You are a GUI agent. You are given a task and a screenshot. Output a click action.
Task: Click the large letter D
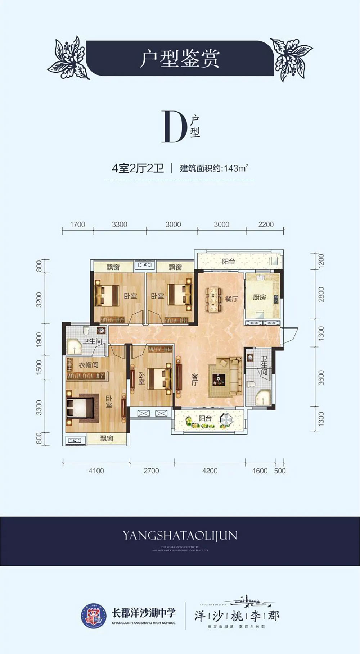pyautogui.click(x=174, y=127)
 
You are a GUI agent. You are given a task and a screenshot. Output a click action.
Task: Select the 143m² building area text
pyautogui.click(x=236, y=168)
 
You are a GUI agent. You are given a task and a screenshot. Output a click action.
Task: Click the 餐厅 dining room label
pyautogui.click(x=231, y=298)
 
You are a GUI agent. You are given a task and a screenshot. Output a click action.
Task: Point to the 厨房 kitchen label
pyautogui.click(x=259, y=298)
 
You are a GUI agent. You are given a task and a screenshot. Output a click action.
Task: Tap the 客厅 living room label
pyautogui.click(x=194, y=380)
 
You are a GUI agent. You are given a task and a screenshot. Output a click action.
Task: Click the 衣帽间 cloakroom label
pyautogui.click(x=89, y=365)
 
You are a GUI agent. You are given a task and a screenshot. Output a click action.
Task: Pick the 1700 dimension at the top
pyautogui.click(x=77, y=224)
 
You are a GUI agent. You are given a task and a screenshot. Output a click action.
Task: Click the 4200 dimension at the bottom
pyautogui.click(x=210, y=471)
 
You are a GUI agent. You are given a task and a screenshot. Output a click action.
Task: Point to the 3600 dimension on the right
pyautogui.click(x=321, y=378)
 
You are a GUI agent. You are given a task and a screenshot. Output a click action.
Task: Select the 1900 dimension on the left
pyautogui.click(x=39, y=339)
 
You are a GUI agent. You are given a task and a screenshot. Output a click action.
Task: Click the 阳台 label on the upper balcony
pyautogui.click(x=228, y=262)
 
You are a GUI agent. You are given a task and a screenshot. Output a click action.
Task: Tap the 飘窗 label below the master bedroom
pyautogui.click(x=107, y=438)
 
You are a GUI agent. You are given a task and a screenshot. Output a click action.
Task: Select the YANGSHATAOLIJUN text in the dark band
pyautogui.click(x=180, y=536)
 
